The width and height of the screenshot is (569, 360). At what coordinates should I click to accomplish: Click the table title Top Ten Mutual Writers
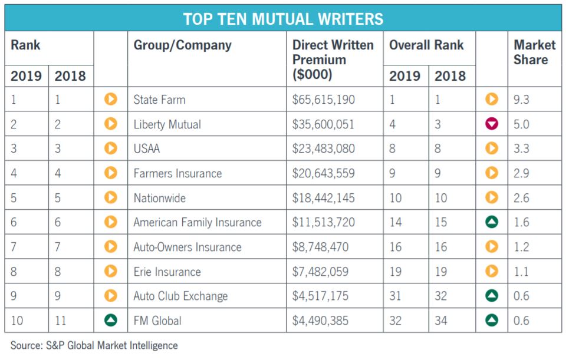283,18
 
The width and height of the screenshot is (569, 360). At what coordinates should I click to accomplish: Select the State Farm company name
159,100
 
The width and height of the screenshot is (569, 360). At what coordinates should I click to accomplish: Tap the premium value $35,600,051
324,124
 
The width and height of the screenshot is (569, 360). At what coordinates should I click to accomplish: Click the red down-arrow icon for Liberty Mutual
492,124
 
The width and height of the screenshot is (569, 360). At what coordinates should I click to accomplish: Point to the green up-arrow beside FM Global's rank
110,321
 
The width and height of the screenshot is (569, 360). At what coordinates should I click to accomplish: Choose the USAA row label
147,149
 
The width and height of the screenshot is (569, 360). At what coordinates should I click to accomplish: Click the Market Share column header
534,52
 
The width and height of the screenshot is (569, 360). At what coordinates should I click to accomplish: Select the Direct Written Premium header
333,60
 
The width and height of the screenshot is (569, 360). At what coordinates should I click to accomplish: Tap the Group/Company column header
182,45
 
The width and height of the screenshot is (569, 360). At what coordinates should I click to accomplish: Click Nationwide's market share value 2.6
521,198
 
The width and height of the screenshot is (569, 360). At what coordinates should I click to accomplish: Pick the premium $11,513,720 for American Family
324,223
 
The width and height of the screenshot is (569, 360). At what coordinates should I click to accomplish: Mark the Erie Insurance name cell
167,272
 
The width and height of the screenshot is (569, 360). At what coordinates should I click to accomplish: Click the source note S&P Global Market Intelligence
94,345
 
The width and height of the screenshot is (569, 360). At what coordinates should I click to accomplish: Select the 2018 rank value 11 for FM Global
61,321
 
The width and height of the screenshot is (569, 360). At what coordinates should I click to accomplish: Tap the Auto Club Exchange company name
180,296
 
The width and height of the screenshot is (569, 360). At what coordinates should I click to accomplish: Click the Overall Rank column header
426,45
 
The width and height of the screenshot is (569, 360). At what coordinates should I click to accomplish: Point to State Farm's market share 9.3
521,100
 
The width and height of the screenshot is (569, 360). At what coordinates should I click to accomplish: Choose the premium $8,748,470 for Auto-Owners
320,247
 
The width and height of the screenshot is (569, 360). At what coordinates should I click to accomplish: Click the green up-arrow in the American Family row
492,223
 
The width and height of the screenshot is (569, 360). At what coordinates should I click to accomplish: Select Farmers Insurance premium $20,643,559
324,174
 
